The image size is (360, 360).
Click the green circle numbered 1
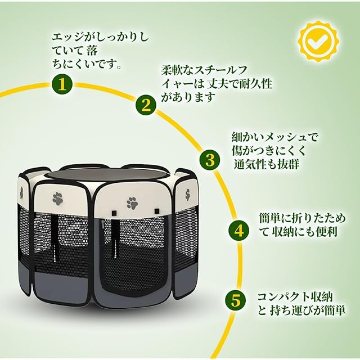tap(62, 85)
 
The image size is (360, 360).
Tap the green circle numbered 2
tap(146, 104)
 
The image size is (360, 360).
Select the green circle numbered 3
tap(210, 160)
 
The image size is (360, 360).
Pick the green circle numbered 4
tap(238, 231)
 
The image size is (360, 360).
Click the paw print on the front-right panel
tap(132, 202)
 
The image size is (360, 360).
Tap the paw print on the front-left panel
tap(58, 197)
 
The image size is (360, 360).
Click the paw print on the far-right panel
tap(186, 195)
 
